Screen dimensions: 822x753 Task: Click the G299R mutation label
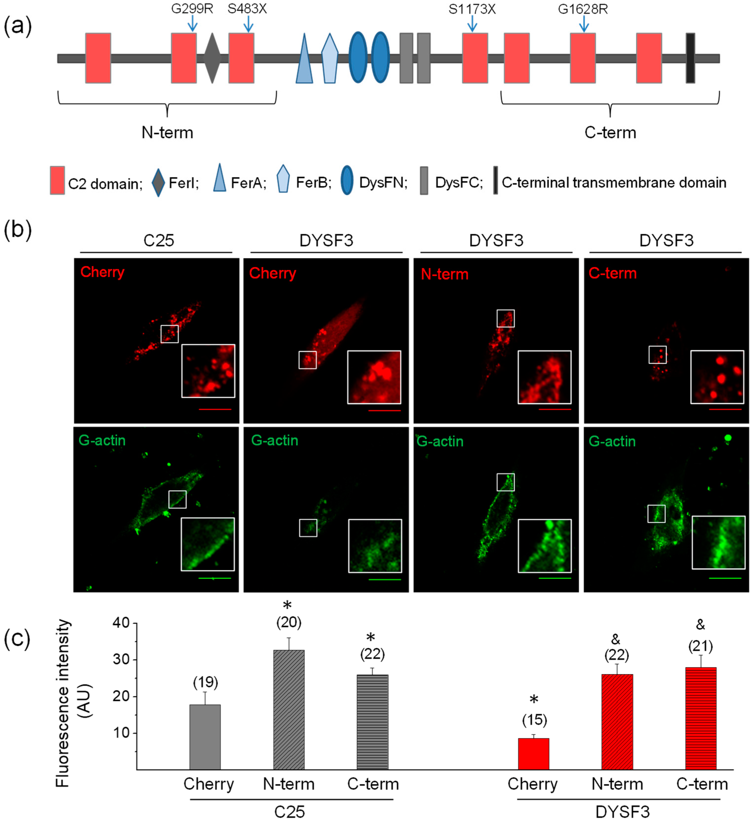(x=192, y=9)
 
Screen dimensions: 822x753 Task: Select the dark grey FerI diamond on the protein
(x=212, y=58)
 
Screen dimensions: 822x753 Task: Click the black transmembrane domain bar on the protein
(x=690, y=58)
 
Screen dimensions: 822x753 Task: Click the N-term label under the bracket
(x=167, y=133)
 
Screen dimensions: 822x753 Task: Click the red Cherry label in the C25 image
(x=102, y=272)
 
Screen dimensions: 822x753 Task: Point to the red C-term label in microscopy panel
(x=612, y=273)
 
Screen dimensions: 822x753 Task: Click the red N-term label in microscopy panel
(x=444, y=274)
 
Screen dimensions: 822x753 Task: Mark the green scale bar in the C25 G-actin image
(x=215, y=578)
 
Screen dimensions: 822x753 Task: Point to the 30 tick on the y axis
(x=121, y=660)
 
